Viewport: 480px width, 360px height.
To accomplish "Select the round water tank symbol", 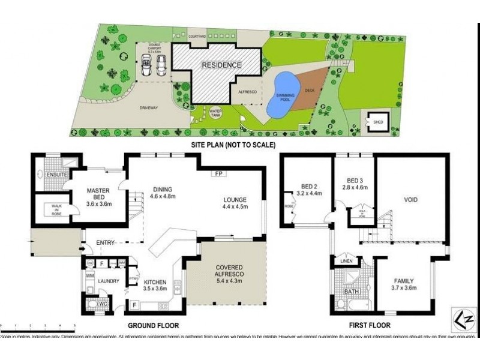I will pyautogui.click(x=216, y=113).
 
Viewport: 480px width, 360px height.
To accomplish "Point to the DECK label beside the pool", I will pyautogui.click(x=310, y=91).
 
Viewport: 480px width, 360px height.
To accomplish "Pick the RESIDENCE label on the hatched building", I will pyautogui.click(x=221, y=65).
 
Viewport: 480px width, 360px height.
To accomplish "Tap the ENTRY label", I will pyautogui.click(x=106, y=242).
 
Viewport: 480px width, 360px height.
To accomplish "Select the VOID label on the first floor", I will pyautogui.click(x=410, y=200).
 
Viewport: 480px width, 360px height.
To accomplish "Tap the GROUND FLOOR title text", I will pyautogui.click(x=154, y=325).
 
